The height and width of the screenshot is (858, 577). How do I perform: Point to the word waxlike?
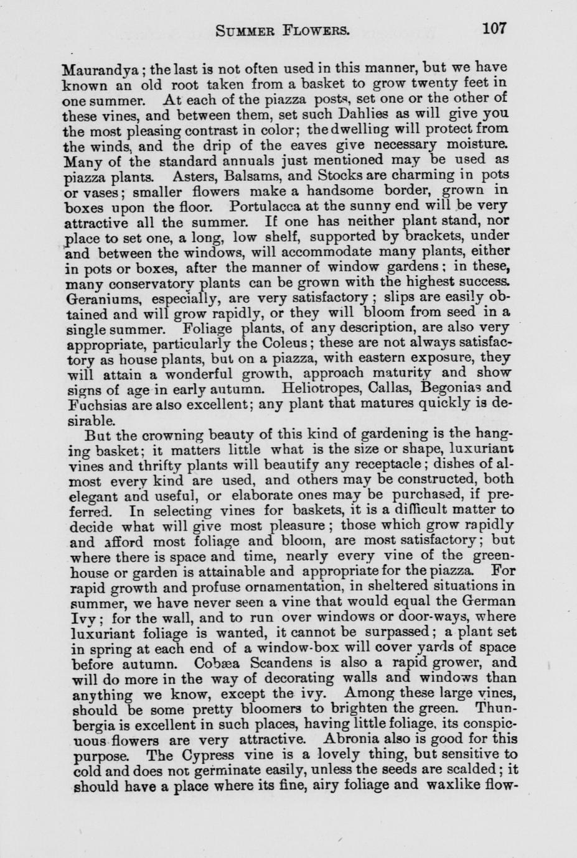point(451,785)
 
